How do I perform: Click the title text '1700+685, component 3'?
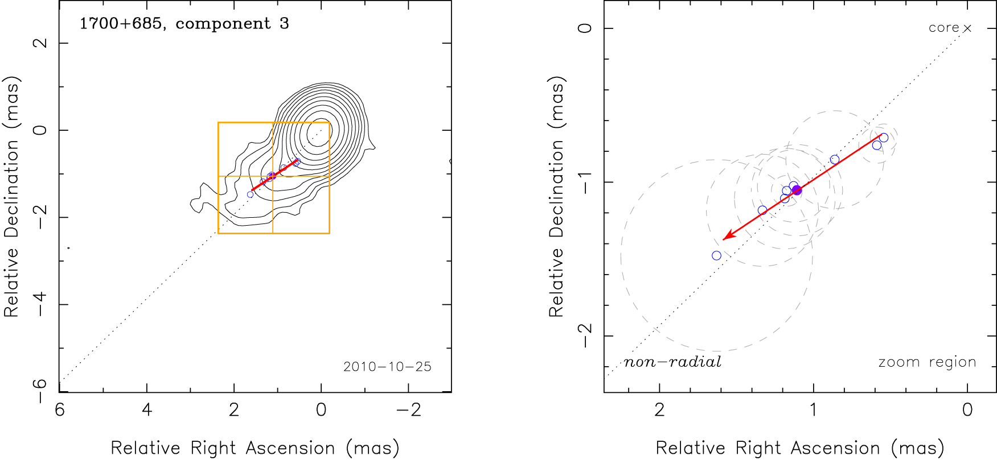(x=184, y=24)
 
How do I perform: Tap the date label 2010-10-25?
(x=387, y=367)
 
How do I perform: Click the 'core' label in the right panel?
(x=943, y=28)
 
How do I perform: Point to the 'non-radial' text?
(x=672, y=362)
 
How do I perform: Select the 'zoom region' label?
(x=927, y=362)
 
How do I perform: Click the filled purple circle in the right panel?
(x=797, y=190)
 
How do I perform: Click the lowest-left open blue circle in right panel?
(x=716, y=256)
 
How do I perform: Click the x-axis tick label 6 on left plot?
(x=60, y=410)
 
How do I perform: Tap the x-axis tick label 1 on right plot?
(x=813, y=410)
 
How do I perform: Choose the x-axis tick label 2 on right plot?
(x=659, y=410)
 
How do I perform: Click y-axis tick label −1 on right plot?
(x=585, y=182)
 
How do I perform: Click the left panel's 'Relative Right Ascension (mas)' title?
(x=255, y=448)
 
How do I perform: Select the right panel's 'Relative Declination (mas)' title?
(x=556, y=196)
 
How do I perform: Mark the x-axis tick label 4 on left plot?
(x=147, y=410)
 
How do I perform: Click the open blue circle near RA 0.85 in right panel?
(x=835, y=160)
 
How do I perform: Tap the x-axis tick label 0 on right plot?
(x=967, y=410)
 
